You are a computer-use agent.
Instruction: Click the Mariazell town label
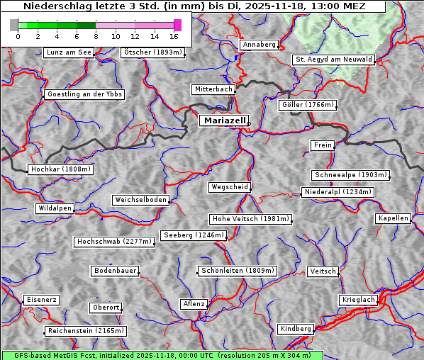pyautogui.click(x=223, y=120)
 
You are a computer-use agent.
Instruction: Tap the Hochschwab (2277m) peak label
pyautogui.click(x=113, y=242)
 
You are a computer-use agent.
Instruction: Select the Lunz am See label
pyautogui.click(x=69, y=52)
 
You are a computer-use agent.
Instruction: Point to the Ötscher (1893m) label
pyautogui.click(x=152, y=52)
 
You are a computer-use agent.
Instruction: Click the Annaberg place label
pyautogui.click(x=259, y=45)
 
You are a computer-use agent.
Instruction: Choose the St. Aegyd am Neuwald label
pyautogui.click(x=333, y=60)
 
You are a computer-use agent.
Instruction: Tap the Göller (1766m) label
pyautogui.click(x=307, y=105)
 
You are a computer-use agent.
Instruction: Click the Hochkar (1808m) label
pyautogui.click(x=60, y=169)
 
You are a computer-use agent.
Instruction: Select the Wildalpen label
pyautogui.click(x=55, y=208)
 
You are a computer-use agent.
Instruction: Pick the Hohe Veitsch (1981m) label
pyautogui.click(x=250, y=219)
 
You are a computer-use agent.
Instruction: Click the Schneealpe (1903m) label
pyautogui.click(x=350, y=175)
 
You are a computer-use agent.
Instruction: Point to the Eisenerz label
pyautogui.click(x=40, y=300)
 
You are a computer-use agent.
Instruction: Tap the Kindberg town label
pyautogui.click(x=296, y=329)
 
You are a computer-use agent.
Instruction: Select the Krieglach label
pyautogui.click(x=358, y=300)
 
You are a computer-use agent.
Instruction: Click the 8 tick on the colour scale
pyautogui.click(x=96, y=36)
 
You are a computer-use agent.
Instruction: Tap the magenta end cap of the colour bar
pyautogui.click(x=177, y=25)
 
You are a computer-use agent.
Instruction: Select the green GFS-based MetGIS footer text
pyautogui.click(x=162, y=355)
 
